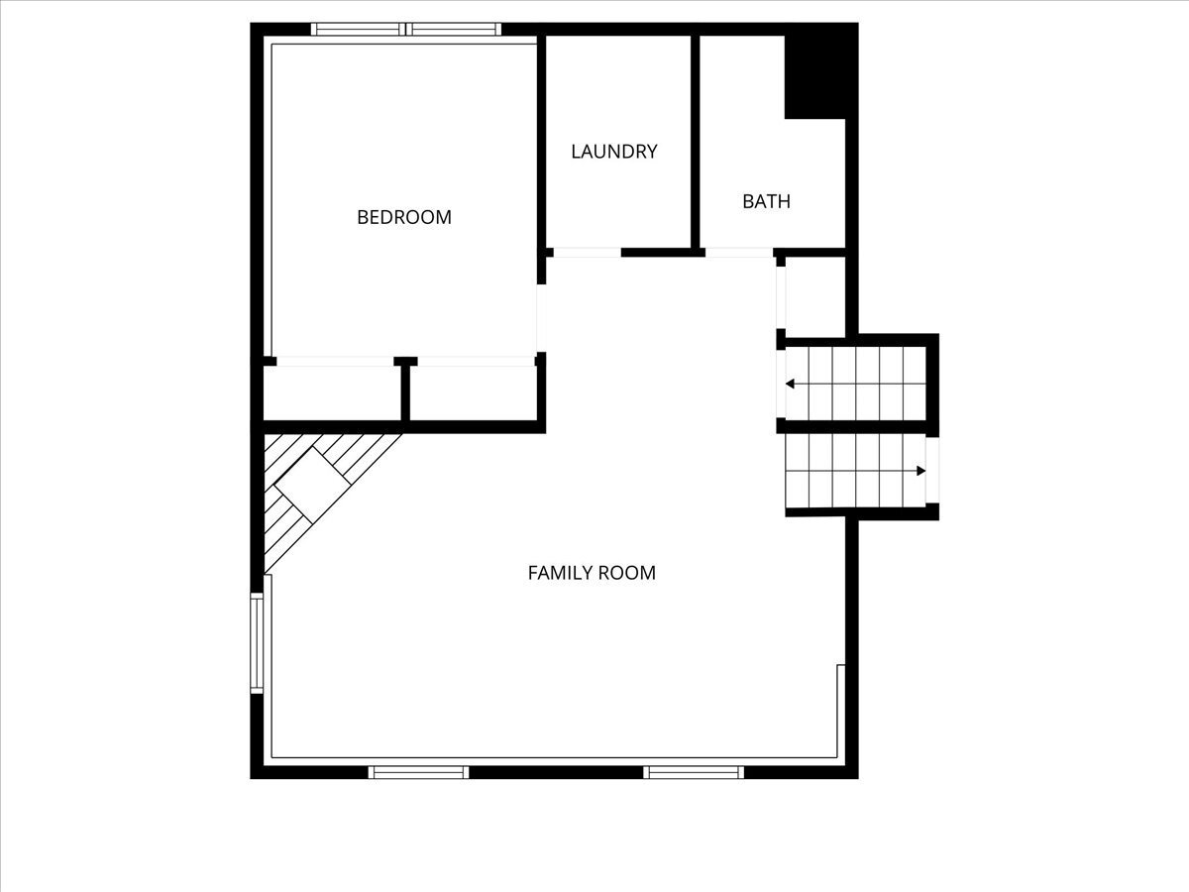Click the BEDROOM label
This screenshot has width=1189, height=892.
pyautogui.click(x=404, y=217)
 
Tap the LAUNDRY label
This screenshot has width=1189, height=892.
pyautogui.click(x=614, y=152)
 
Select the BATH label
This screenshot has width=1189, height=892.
pyautogui.click(x=766, y=201)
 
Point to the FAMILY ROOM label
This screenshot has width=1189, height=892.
pyautogui.click(x=592, y=573)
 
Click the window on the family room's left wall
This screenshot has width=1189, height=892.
pyautogui.click(x=257, y=643)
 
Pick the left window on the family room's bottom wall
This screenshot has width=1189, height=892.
pyautogui.click(x=419, y=772)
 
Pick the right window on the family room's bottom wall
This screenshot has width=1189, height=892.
pyautogui.click(x=694, y=772)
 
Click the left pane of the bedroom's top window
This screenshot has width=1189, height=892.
pyautogui.click(x=358, y=30)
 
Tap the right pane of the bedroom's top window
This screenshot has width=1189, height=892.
pyautogui.click(x=454, y=30)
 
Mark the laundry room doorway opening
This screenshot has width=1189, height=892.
pyautogui.click(x=587, y=253)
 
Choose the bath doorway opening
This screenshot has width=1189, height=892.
pyautogui.click(x=739, y=253)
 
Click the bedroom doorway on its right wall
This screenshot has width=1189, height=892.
pyautogui.click(x=541, y=318)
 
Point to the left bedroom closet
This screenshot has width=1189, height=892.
pyautogui.click(x=332, y=393)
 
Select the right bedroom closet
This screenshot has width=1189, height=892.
pyautogui.click(x=473, y=393)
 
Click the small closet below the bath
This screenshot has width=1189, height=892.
pyautogui.click(x=815, y=296)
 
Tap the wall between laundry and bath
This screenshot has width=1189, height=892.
pyautogui.click(x=696, y=142)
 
